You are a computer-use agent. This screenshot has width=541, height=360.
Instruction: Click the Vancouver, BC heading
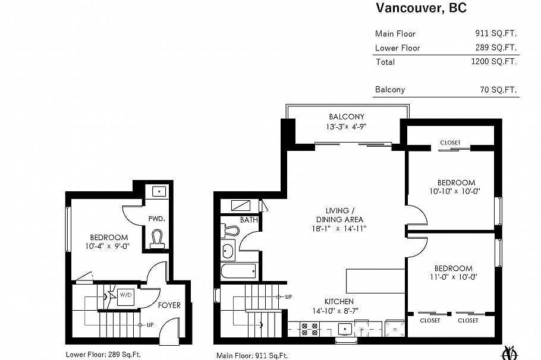pyautogui.click(x=420, y=8)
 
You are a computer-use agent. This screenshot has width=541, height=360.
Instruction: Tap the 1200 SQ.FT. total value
pyautogui.click(x=493, y=62)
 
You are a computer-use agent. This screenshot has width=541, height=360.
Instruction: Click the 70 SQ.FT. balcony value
pyautogui.click(x=498, y=90)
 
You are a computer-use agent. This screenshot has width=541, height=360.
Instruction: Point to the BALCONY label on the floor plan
pyautogui.click(x=346, y=117)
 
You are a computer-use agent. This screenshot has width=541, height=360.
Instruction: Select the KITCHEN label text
pyautogui.click(x=339, y=302)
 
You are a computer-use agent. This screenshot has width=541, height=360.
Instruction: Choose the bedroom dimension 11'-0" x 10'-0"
pyautogui.click(x=454, y=277)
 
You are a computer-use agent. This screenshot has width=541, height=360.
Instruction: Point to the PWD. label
pyautogui.click(x=156, y=219)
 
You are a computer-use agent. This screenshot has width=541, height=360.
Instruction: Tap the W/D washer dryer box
pyautogui.click(x=125, y=295)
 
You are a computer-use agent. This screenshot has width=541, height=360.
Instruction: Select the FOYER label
pyautogui.click(x=169, y=305)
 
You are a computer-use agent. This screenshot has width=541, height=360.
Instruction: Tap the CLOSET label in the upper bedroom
pyautogui.click(x=450, y=143)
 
